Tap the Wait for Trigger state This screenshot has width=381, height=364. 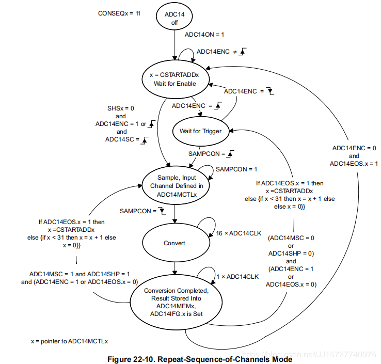(200, 131)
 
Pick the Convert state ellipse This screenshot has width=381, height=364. (174, 243)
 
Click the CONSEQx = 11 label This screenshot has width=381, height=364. (119, 13)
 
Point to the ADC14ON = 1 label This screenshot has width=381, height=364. (204, 35)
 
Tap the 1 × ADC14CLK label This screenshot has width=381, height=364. (238, 277)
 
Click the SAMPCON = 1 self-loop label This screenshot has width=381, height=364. (236, 169)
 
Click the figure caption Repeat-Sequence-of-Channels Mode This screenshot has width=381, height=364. (199, 357)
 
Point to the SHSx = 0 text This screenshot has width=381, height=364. (120, 108)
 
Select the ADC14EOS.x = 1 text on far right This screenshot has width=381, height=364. (354, 164)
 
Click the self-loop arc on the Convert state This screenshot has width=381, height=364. (205, 227)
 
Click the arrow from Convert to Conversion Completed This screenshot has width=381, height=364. (174, 268)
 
